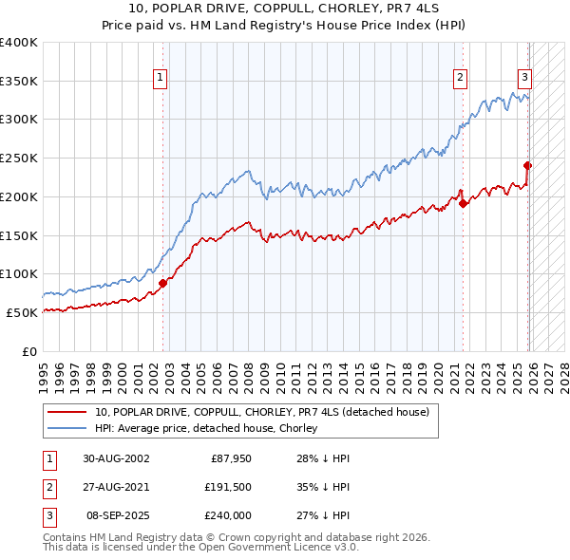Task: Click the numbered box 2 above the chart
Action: point(460,78)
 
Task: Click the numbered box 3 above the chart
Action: point(524,78)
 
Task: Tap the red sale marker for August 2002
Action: point(162,282)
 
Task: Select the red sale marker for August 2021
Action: point(463,202)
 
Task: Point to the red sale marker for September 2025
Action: point(528,165)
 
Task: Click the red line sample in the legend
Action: point(66,412)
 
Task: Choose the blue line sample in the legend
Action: point(66,428)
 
